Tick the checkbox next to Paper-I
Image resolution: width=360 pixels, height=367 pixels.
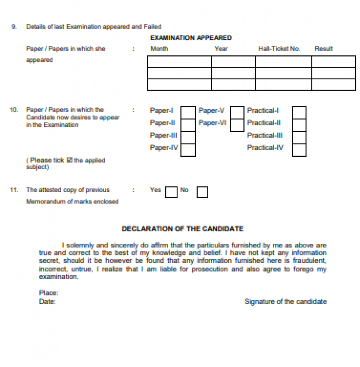[x=188, y=113]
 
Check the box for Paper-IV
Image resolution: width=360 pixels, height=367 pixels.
[x=188, y=150]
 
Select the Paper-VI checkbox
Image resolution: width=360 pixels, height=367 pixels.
[x=237, y=125]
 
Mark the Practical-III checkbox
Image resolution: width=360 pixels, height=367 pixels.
[x=299, y=137]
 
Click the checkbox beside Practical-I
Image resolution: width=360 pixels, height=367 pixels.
[x=299, y=113]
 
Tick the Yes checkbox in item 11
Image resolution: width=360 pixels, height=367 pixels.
[x=171, y=192]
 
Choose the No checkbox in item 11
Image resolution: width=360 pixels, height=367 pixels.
[x=202, y=192]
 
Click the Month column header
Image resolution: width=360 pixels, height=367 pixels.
[x=159, y=48]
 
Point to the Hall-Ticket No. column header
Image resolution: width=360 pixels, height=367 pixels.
[x=279, y=48]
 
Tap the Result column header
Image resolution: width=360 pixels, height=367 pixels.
[x=324, y=48]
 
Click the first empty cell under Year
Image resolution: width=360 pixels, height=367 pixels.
[x=233, y=62]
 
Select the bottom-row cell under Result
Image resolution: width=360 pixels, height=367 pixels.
[x=334, y=84]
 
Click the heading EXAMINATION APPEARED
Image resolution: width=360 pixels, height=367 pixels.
[x=191, y=38]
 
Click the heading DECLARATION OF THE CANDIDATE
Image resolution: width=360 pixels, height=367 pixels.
[x=182, y=229]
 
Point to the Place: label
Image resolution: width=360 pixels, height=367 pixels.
[x=48, y=293]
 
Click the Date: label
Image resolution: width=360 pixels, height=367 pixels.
[x=47, y=301]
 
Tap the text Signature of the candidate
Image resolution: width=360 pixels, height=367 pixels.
[x=285, y=301]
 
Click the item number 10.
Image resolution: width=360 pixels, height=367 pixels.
[x=14, y=110]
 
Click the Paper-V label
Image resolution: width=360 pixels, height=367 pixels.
[x=211, y=110]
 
